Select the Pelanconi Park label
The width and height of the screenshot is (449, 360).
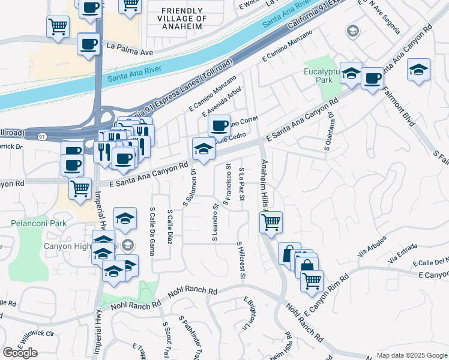tap(37, 223)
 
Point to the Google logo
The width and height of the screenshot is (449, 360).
tap(20, 353)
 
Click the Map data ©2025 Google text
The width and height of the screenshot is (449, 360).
tap(412, 355)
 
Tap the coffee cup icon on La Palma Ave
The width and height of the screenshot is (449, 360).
tap(88, 44)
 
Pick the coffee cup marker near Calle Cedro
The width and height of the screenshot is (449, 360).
tap(219, 125)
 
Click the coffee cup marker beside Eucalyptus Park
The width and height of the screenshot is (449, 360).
tap(372, 78)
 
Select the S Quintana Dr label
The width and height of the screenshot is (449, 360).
tap(331, 127)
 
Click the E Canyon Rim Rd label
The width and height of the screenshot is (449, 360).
tap(327, 296)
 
